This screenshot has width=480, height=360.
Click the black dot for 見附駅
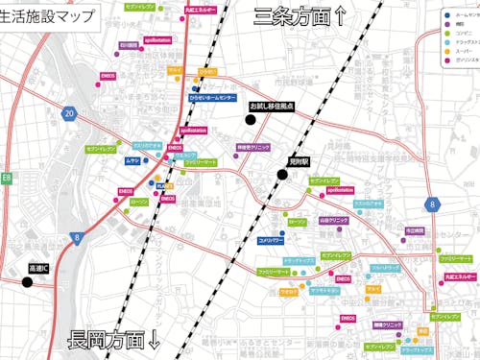283,175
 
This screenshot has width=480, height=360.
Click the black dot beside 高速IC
27,281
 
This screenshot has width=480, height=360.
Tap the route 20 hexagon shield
69,114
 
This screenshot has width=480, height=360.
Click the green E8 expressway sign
6,178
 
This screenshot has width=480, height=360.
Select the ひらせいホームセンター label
212,98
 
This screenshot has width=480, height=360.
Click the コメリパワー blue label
270,239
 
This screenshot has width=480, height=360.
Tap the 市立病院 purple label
415,230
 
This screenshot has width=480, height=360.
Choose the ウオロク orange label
288,290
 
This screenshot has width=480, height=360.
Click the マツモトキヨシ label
325,290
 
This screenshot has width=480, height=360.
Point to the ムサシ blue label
132,161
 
